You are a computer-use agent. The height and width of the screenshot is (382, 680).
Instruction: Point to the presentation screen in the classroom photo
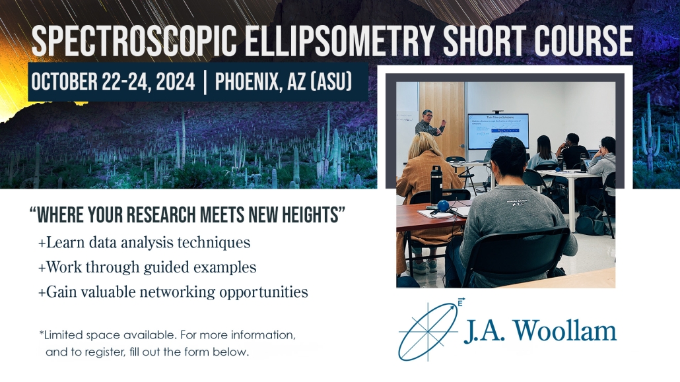(498, 131)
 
